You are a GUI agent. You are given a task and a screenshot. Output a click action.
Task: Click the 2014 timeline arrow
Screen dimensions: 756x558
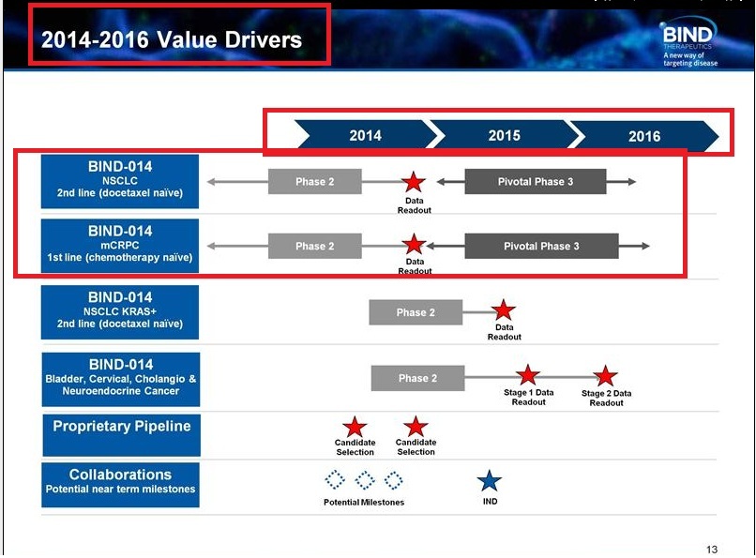pyautogui.click(x=366, y=134)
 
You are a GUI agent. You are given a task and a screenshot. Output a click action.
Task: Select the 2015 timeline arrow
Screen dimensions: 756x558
pyautogui.click(x=505, y=134)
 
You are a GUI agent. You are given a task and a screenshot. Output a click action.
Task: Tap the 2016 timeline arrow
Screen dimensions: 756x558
pyautogui.click(x=644, y=135)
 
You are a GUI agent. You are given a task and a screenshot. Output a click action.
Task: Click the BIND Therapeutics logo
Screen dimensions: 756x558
pyautogui.click(x=688, y=41)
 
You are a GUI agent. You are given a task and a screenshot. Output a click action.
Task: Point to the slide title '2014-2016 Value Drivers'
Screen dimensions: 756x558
pyautogui.click(x=172, y=39)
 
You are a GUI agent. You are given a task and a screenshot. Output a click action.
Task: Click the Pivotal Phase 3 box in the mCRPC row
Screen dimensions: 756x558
pyautogui.click(x=541, y=246)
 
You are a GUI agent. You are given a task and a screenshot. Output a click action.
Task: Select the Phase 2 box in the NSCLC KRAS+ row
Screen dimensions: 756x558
pyautogui.click(x=416, y=312)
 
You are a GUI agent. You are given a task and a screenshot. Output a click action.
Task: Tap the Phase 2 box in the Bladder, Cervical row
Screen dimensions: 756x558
pyautogui.click(x=417, y=378)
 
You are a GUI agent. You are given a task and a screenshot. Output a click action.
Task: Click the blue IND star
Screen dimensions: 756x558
pyautogui.click(x=490, y=481)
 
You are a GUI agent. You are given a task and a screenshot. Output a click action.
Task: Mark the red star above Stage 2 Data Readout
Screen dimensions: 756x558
pyautogui.click(x=606, y=376)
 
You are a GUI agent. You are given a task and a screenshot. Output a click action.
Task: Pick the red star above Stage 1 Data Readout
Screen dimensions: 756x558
pyautogui.click(x=528, y=375)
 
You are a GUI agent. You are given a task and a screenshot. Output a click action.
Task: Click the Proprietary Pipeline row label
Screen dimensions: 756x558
pyautogui.click(x=122, y=434)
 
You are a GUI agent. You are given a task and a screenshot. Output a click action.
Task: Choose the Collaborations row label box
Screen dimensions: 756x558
pyautogui.click(x=121, y=485)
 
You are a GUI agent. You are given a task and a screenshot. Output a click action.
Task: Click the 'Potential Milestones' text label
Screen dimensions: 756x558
pyautogui.click(x=364, y=502)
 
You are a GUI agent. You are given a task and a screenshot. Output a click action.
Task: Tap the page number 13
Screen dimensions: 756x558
pyautogui.click(x=712, y=550)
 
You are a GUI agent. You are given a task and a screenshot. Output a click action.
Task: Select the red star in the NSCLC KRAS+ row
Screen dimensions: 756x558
pyautogui.click(x=504, y=309)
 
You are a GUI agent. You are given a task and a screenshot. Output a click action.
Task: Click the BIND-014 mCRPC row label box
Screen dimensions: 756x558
pyautogui.click(x=120, y=246)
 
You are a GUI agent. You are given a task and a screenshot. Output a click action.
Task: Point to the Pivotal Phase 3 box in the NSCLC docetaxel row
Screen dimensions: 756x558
pyautogui.click(x=536, y=182)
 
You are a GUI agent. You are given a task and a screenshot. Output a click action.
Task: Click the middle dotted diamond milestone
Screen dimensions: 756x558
pyautogui.click(x=365, y=480)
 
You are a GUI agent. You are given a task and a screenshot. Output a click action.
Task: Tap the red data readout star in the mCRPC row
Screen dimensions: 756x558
pyautogui.click(x=414, y=244)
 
